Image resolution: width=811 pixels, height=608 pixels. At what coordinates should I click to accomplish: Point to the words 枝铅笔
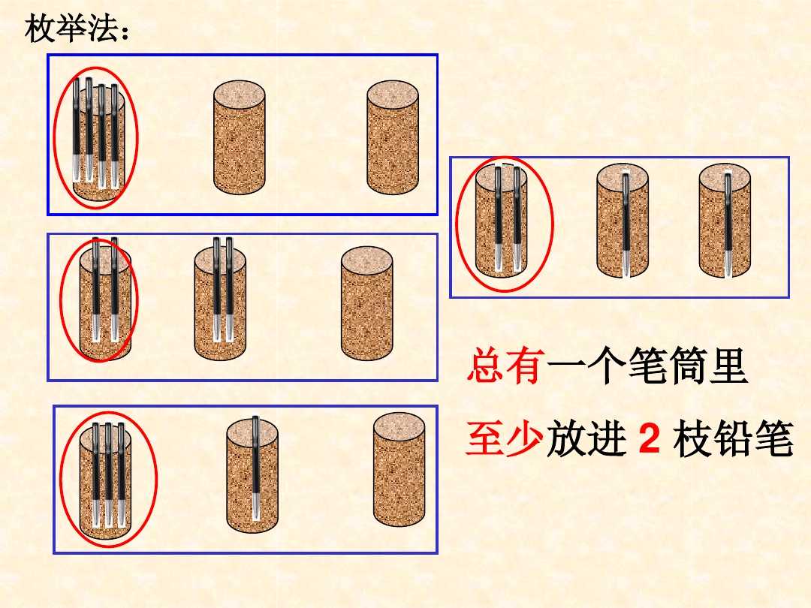[x=733, y=441]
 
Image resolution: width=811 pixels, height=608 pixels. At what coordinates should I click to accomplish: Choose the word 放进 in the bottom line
[x=586, y=441]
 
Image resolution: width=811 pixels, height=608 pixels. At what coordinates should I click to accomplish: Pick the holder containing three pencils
[x=107, y=477]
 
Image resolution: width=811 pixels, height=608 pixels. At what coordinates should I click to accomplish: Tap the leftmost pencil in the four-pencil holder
[x=77, y=128]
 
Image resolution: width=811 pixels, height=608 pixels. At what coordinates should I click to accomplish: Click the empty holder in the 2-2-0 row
[x=366, y=302]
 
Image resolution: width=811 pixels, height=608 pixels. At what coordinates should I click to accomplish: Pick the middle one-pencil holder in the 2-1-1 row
[x=623, y=223]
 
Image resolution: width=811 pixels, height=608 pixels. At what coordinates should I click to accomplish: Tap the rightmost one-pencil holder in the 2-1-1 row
[x=725, y=223]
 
